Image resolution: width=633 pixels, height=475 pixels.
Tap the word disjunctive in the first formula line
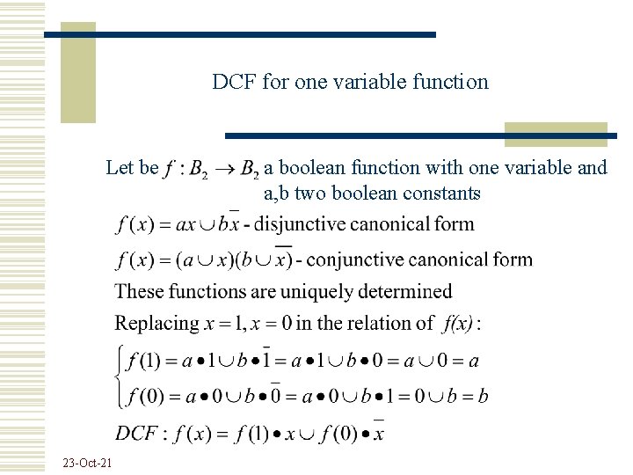pos(295,224)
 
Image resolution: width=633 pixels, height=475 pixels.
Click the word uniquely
pos(313,291)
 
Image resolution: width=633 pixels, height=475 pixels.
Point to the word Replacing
pos(156,323)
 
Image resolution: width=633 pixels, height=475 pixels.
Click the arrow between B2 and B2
pos(226,168)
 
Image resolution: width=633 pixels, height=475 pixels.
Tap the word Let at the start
pos(120,167)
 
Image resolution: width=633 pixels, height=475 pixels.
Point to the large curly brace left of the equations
pos(120,378)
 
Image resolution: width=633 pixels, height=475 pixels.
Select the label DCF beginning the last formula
pos(138,433)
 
